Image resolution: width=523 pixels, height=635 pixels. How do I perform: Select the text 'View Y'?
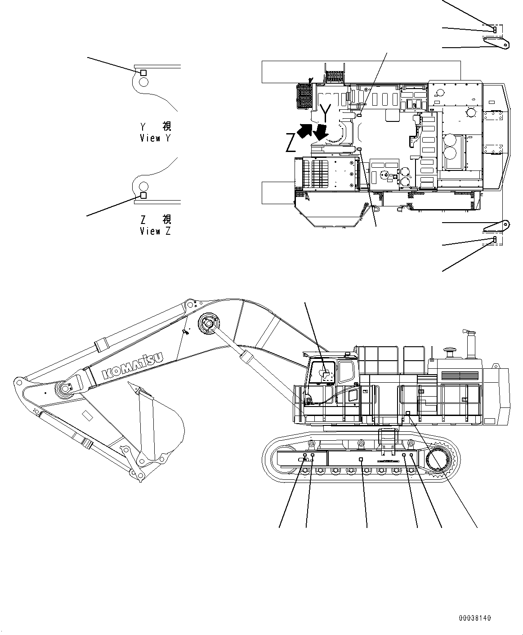tap(155, 139)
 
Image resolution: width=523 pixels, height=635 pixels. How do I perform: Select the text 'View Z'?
tap(155, 231)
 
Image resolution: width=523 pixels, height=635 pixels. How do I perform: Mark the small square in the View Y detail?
tap(143, 72)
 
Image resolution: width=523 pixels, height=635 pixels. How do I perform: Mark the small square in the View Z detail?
tap(143, 196)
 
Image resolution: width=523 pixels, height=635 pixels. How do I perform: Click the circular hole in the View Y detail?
tap(143, 82)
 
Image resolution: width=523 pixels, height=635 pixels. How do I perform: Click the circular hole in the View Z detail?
tap(143, 186)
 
